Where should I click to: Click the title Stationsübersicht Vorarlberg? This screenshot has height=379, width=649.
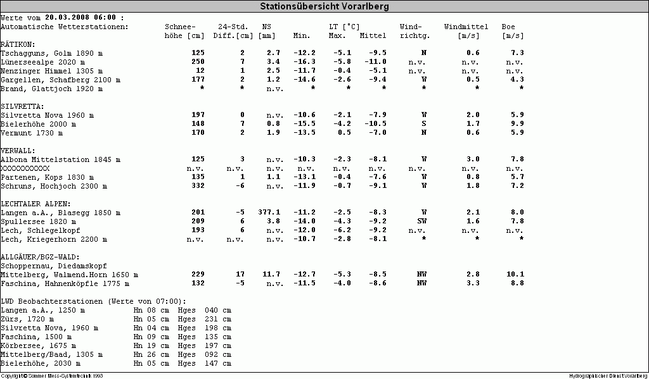pos(324,6)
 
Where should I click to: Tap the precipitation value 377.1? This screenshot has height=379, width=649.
pos(269,212)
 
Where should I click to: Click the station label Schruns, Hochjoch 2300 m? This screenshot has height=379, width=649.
pos(54,186)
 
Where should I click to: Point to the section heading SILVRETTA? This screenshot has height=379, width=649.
pos(22,107)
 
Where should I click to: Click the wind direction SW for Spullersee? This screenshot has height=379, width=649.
pos(421,221)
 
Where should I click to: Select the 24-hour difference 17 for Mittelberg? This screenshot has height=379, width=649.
pos(240,274)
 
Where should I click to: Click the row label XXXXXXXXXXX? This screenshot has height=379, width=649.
pos(25,168)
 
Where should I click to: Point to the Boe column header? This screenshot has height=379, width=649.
pos(508,27)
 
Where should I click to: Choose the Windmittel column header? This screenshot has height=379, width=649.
pos(466,27)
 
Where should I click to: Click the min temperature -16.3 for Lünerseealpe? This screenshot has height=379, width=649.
pos(304,61)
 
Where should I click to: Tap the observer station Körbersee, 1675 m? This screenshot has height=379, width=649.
pos(38,345)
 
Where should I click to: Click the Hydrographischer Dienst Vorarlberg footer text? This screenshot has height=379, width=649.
pos(608,375)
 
